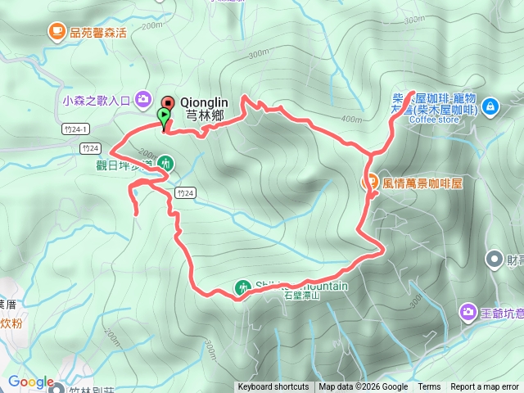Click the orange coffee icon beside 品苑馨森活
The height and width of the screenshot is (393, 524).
coord(56,32)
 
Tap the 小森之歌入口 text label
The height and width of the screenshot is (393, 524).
coord(97,100)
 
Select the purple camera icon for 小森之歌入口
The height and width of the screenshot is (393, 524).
coord(143,99)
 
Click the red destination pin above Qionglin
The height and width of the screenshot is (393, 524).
coord(167,103)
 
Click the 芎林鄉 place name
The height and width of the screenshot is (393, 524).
coord(204,116)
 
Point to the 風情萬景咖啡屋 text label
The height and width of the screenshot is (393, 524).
coord(422,183)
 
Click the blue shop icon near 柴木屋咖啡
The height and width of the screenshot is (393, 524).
coord(490,106)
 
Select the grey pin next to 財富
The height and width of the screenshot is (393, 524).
coord(495,260)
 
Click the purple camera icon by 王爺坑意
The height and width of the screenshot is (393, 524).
coord(468,311)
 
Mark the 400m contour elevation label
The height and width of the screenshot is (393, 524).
coord(351,120)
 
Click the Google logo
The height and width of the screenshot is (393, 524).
coord(31,382)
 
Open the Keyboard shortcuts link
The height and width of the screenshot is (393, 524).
coord(273,387)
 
